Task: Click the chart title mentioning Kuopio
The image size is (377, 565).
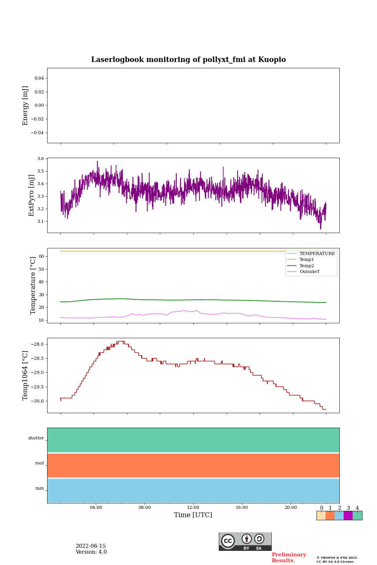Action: [x=188, y=60]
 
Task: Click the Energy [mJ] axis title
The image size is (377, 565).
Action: [x=26, y=106]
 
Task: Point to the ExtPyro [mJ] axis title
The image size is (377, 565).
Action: [x=32, y=195]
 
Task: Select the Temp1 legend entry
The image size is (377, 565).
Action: [x=307, y=260]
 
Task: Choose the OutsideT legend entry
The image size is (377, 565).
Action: [x=309, y=272]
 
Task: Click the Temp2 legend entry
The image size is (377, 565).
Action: [x=307, y=266]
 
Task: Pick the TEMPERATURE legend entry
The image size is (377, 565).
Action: [x=317, y=253]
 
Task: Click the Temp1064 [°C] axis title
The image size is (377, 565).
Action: [x=26, y=375]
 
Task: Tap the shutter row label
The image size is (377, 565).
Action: [x=36, y=438]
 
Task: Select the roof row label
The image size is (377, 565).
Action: [x=40, y=463]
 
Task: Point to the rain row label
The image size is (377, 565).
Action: [x=40, y=488]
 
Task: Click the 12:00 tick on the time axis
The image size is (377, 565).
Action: [x=193, y=507]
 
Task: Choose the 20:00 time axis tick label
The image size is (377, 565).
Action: [x=291, y=507]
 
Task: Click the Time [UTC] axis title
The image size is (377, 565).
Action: [x=193, y=515]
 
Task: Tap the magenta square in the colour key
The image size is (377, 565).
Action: [x=348, y=516]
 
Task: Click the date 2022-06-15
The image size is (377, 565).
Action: [x=91, y=546]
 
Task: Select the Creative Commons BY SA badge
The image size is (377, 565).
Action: [x=245, y=541]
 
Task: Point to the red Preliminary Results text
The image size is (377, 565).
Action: [x=289, y=558]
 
